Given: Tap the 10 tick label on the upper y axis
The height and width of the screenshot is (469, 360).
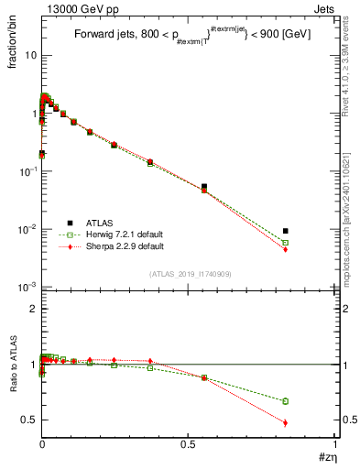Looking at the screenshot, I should coord(30,55).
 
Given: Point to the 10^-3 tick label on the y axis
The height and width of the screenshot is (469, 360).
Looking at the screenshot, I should coord(27,287).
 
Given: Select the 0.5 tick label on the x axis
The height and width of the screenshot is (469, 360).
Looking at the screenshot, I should coord(189,444).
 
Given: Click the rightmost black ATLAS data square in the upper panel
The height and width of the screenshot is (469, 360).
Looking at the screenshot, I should coord(286,231).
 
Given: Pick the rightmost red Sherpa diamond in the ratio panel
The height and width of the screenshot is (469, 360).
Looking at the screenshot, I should coord(286,422).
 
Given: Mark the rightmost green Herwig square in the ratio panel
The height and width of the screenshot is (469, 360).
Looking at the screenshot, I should coord(286,401).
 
